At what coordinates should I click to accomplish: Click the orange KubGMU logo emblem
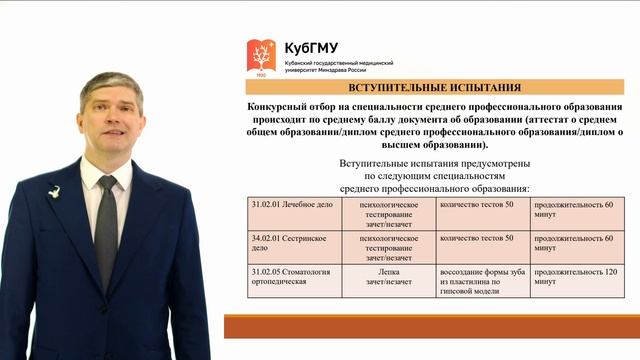263,56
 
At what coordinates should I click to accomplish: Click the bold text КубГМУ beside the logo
312,48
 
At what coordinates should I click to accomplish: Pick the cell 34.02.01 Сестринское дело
292,243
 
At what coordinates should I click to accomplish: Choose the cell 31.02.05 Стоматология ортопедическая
292,277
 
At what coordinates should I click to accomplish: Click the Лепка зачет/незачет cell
389,276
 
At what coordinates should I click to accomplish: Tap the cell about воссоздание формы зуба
482,282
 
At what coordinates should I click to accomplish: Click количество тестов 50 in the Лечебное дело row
477,204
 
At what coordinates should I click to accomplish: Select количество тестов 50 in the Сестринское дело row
477,238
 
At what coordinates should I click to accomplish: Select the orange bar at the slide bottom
430,327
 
